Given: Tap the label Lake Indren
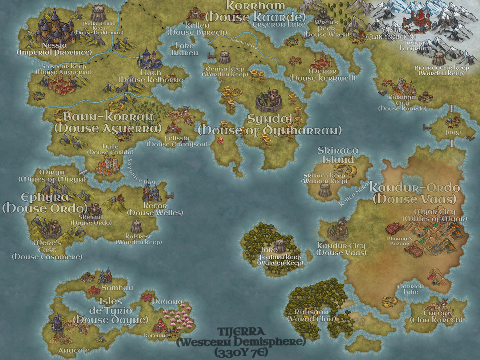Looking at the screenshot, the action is click(x=185, y=49).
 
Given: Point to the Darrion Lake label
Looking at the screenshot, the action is click(x=410, y=289).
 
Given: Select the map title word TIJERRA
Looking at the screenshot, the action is click(x=240, y=332).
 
